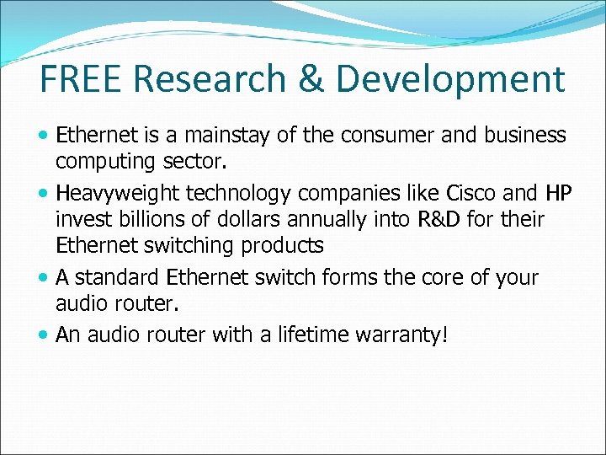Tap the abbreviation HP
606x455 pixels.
(x=558, y=193)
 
